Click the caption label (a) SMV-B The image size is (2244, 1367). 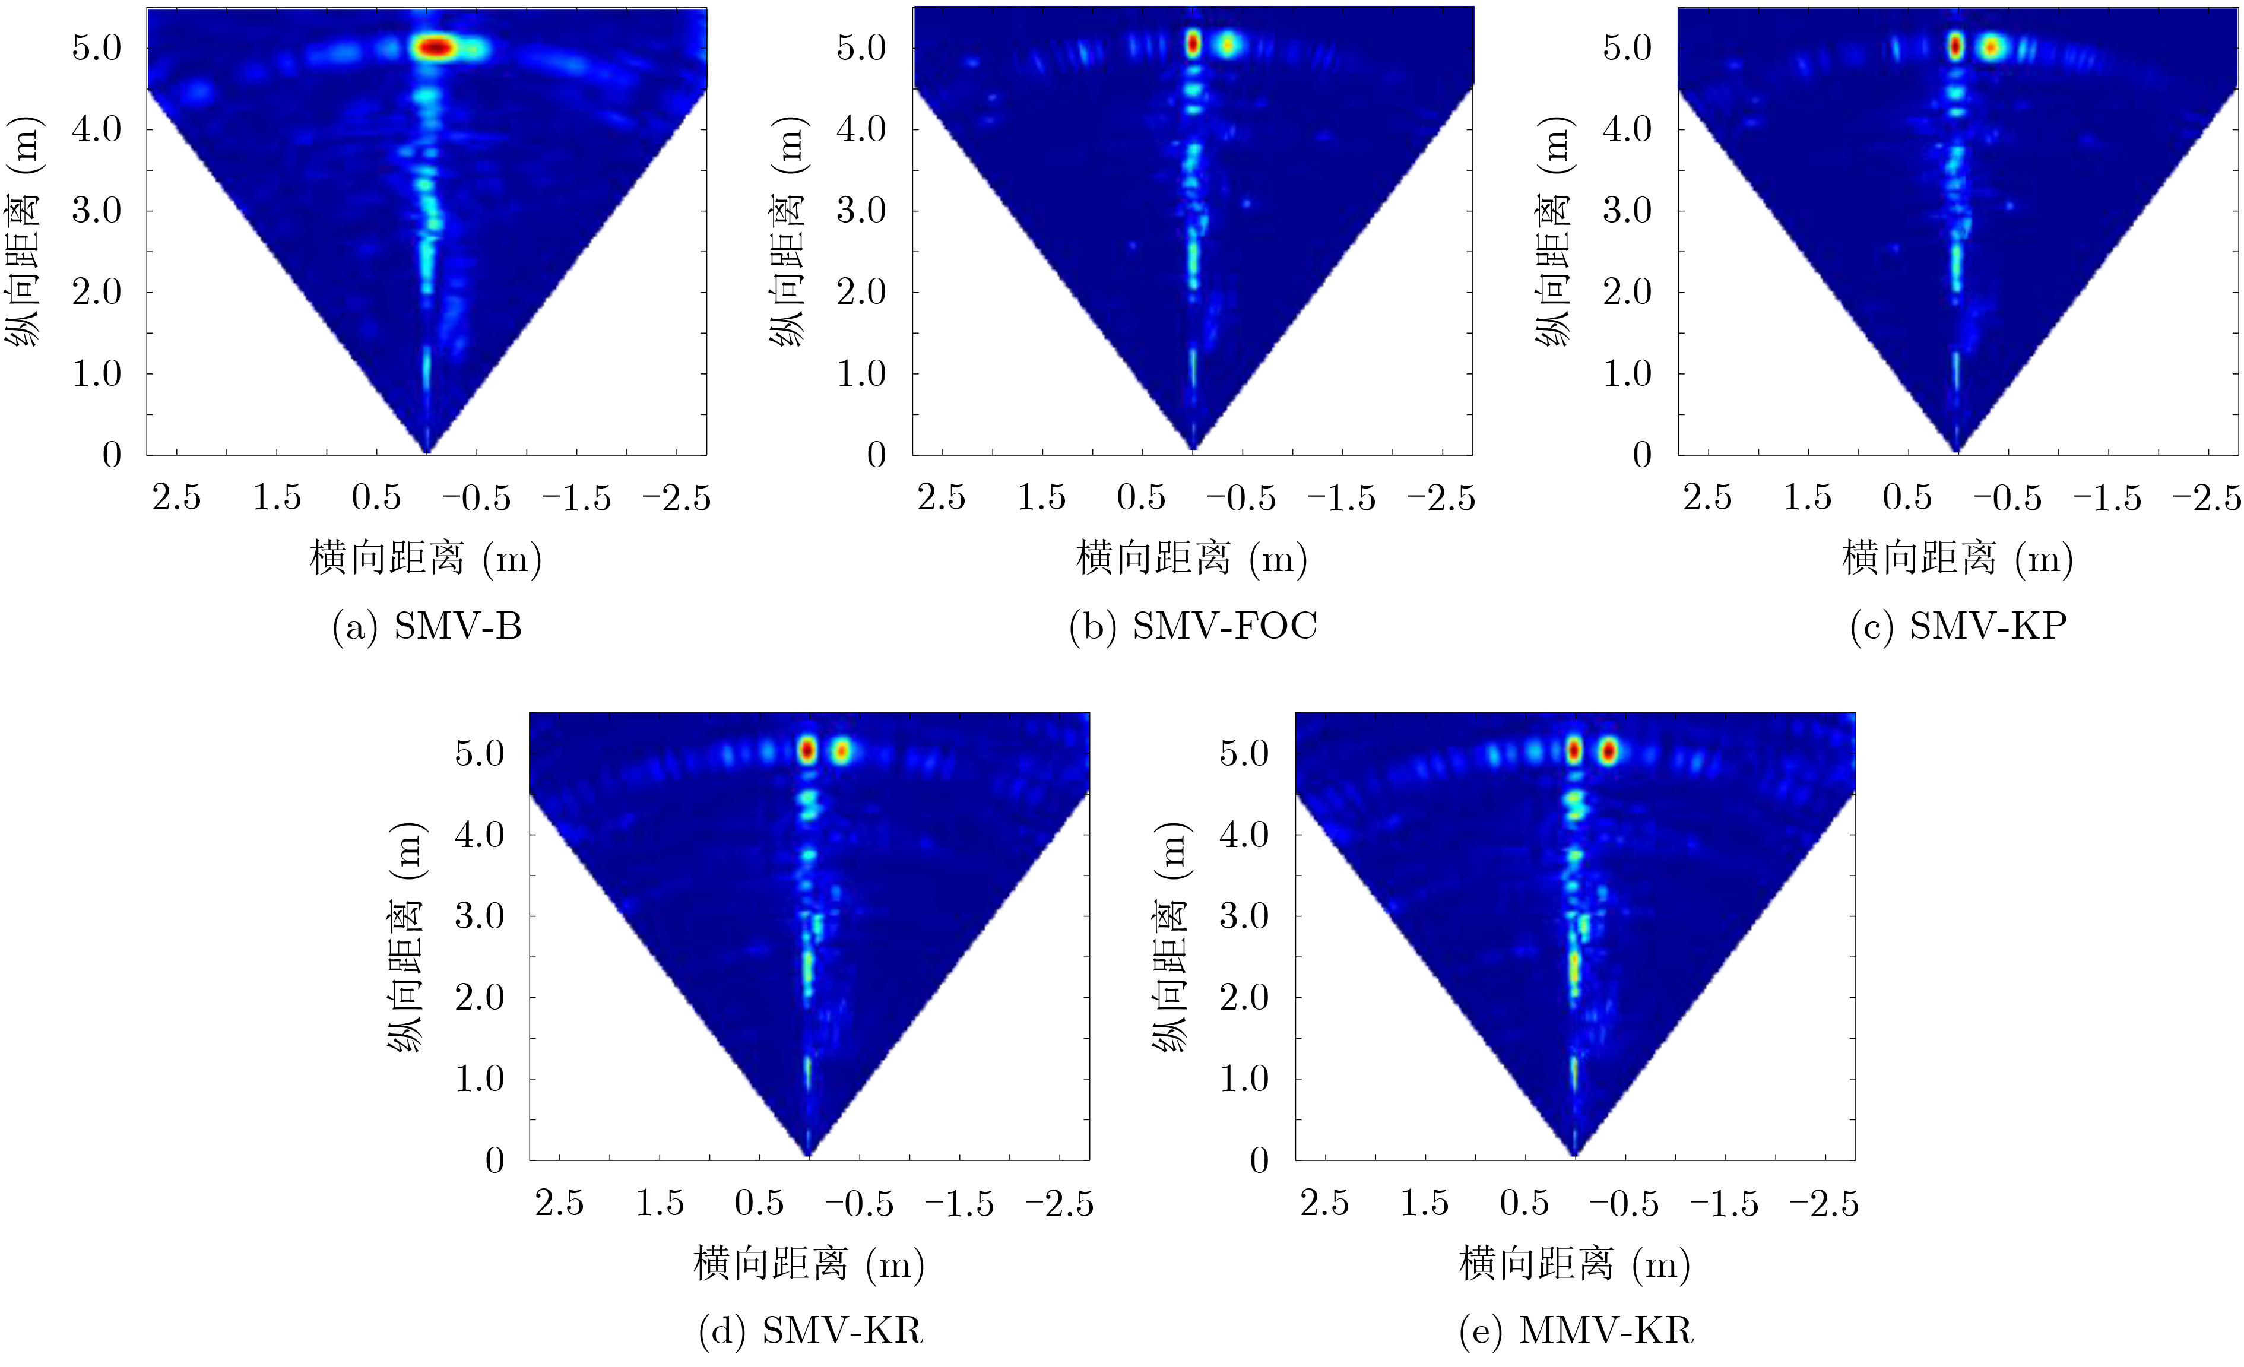coord(427,627)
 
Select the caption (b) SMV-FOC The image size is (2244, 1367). coord(1193,627)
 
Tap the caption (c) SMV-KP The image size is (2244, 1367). coord(1958,627)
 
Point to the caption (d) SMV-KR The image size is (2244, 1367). coord(810,1331)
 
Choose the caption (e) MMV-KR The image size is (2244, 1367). coord(1576,1331)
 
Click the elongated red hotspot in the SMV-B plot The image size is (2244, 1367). coord(435,47)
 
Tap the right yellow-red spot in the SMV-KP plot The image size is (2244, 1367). coord(1991,46)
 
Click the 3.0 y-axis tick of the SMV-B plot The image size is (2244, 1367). coord(97,210)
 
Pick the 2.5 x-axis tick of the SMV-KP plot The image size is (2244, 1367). coord(1707,498)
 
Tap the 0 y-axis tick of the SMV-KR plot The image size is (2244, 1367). coord(495,1160)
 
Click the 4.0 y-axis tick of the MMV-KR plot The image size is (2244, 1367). coord(1244,834)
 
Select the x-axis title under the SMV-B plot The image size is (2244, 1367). coord(426,557)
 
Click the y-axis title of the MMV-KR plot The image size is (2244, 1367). coord(1172,938)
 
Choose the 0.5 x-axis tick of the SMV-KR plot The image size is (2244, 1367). coord(759,1203)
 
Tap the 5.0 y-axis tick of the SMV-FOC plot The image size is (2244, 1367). coord(861,47)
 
